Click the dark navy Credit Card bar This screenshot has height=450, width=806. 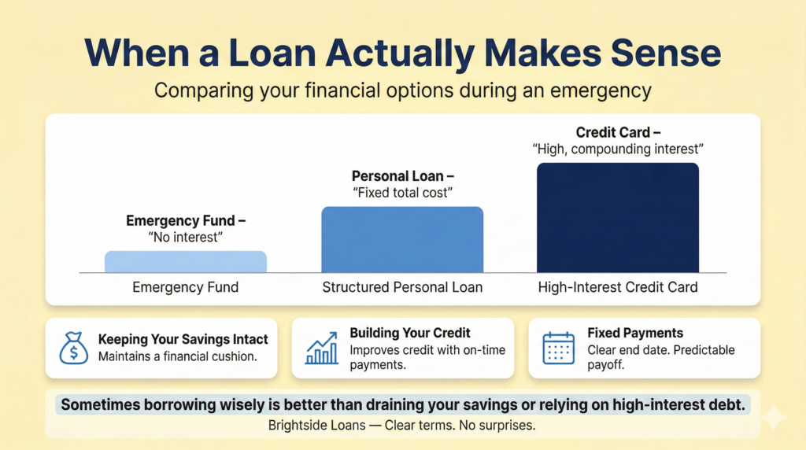pyautogui.click(x=618, y=218)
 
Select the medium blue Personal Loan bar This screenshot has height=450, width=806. pyautogui.click(x=402, y=240)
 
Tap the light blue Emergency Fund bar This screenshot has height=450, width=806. pyautogui.click(x=186, y=262)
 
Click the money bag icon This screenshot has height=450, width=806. pyautogui.click(x=73, y=349)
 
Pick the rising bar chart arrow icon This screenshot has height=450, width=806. pyautogui.click(x=322, y=349)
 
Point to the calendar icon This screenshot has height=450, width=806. pyautogui.click(x=558, y=349)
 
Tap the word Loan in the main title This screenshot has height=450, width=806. pyautogui.click(x=272, y=53)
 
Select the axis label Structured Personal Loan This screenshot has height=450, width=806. pyautogui.click(x=402, y=287)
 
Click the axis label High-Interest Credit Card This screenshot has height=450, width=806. pyautogui.click(x=618, y=287)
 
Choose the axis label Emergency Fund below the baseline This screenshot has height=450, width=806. pyautogui.click(x=186, y=287)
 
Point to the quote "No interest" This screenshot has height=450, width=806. pyautogui.click(x=186, y=238)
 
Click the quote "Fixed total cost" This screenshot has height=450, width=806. pyautogui.click(x=402, y=193)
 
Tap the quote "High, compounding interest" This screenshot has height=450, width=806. pyautogui.click(x=618, y=149)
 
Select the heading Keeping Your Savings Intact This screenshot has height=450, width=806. pyautogui.click(x=183, y=340)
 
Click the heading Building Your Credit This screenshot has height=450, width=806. pyautogui.click(x=410, y=333)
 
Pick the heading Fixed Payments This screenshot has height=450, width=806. pyautogui.click(x=635, y=333)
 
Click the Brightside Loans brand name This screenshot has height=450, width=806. pyautogui.click(x=317, y=426)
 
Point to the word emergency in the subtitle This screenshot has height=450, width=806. pyautogui.click(x=601, y=91)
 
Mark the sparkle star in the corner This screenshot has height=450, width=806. pyautogui.click(x=774, y=417)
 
